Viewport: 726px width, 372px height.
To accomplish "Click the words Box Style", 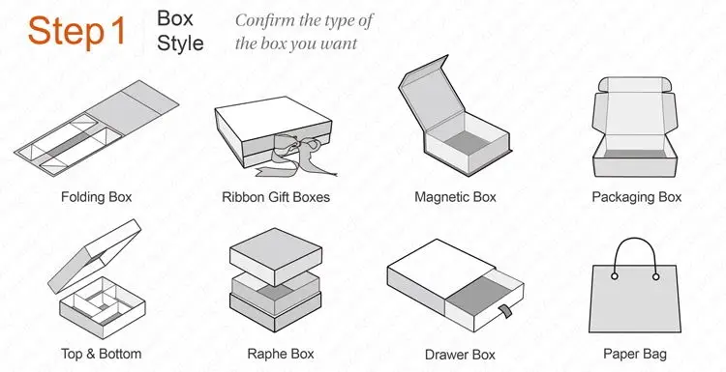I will [180, 30].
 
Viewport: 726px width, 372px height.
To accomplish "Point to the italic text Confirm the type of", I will [304, 20].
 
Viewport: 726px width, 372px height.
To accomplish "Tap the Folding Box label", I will [96, 197].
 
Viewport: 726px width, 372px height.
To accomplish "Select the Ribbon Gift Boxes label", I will [276, 197].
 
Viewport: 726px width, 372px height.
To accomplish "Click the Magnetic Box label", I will [455, 197].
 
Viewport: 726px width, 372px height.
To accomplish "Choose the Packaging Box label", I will [636, 197].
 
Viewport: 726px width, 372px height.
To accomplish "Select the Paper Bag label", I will [635, 354].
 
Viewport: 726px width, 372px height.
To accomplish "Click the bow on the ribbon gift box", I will [290, 149].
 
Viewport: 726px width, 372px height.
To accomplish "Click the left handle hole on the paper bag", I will [615, 276].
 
